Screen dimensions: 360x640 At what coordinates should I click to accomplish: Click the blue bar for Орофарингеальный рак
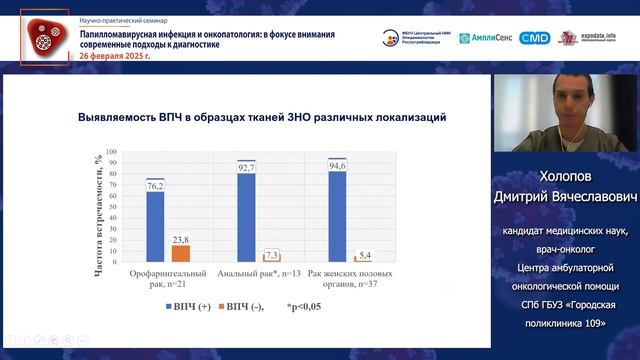(155, 225)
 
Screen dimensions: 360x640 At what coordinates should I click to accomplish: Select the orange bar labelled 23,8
(180, 253)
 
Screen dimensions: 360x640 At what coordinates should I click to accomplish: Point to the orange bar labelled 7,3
(271, 258)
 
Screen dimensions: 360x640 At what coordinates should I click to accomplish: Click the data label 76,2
(156, 186)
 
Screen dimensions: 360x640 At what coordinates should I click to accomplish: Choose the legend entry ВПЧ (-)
(249, 306)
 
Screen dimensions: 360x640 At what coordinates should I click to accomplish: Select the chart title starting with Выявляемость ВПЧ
(261, 117)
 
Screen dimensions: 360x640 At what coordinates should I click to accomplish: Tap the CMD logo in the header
(535, 38)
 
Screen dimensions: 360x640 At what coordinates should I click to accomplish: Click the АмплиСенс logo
(486, 38)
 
